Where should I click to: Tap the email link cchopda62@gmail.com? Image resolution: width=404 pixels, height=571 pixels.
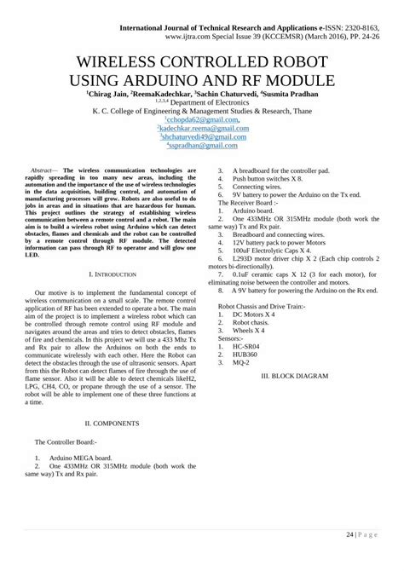[x=202, y=120]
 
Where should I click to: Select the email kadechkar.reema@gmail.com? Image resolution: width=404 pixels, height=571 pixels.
[x=202, y=128]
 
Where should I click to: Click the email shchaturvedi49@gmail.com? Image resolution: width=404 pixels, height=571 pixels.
[x=202, y=136]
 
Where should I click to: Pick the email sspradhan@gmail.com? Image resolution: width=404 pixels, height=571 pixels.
[x=202, y=144]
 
